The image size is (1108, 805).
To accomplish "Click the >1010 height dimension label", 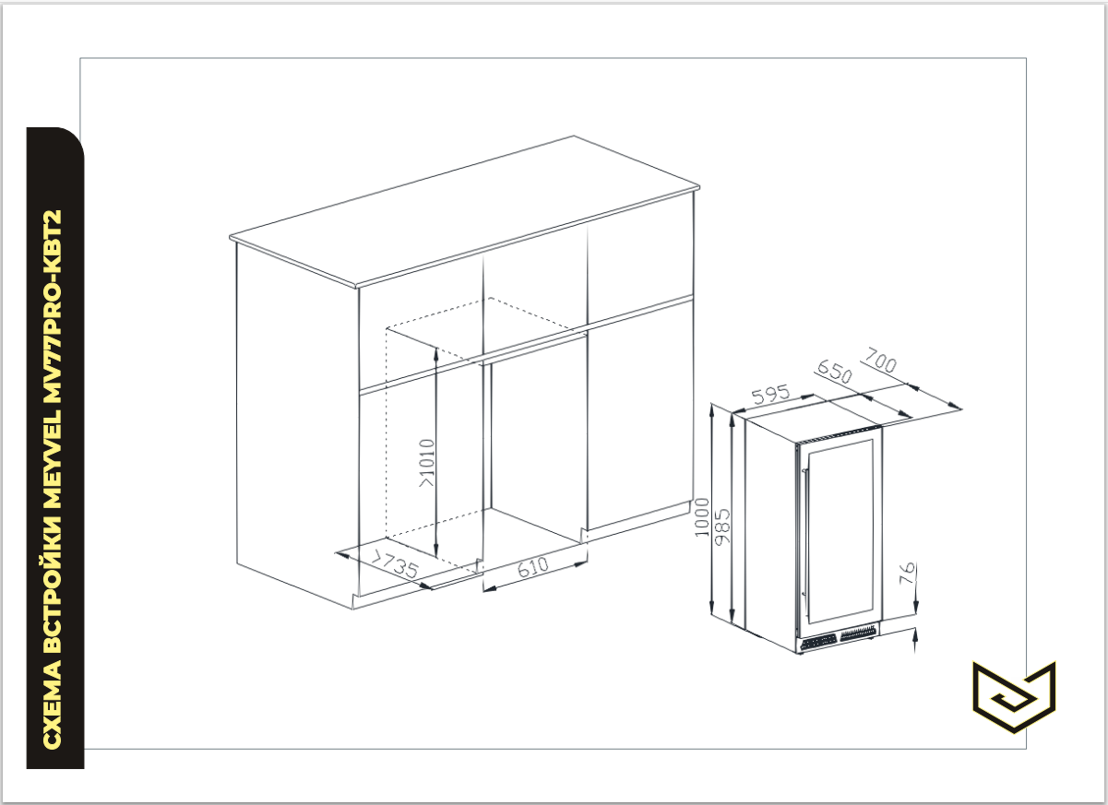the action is coord(427,463).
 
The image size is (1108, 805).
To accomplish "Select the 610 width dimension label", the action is coord(532,568).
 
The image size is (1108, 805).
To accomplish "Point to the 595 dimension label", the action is coord(770,394).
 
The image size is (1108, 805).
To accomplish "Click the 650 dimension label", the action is coord(835,371).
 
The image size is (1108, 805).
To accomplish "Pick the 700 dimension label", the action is coord(881,360).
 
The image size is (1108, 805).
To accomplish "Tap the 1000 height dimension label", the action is coord(701,517).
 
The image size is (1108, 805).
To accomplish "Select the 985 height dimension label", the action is coord(722,527).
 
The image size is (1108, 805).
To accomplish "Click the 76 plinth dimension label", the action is coord(907,574).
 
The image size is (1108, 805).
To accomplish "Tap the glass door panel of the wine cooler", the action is coord(840,531).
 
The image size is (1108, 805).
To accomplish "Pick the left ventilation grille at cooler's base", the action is coord(818,643).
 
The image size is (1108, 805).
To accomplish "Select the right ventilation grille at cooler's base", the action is coord(858,633).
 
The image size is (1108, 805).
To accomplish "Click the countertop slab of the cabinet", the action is coord(464,212).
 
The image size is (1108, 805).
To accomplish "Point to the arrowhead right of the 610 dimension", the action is coord(580,564).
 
